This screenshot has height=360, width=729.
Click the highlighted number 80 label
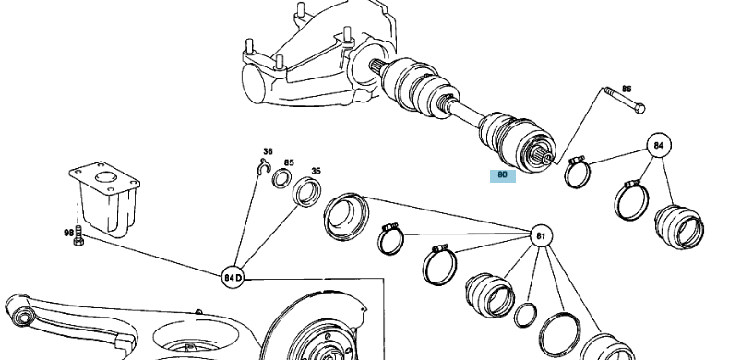tap(503, 174)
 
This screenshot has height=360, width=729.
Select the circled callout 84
tap(658, 145)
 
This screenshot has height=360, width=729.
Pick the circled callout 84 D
tap(233, 276)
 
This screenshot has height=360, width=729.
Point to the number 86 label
tap(627, 90)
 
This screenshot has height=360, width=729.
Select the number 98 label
tap(68, 234)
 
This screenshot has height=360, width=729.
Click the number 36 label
tap(268, 151)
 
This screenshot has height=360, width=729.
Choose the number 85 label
tap(289, 163)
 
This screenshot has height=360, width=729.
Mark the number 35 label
tap(315, 171)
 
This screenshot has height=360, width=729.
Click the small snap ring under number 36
tap(263, 167)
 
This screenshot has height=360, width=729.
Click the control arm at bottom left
tap(65, 318)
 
